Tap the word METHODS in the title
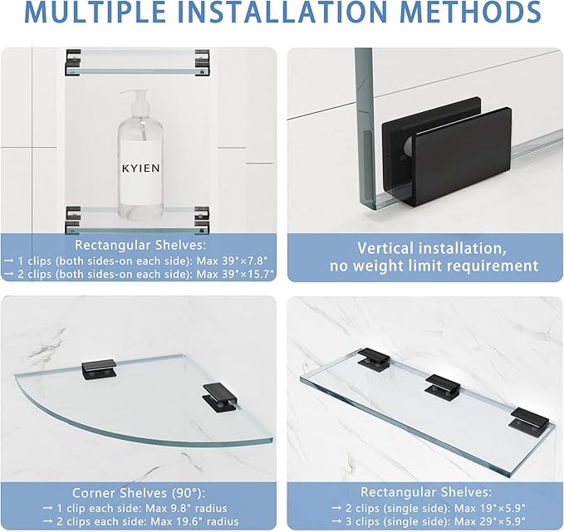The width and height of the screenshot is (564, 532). [x=470, y=12]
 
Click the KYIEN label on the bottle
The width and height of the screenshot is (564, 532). [x=140, y=168]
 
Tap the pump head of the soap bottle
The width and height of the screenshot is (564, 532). [x=135, y=98]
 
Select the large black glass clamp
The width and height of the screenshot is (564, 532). [x=447, y=151]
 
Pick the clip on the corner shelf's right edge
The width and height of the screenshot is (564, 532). [x=219, y=397]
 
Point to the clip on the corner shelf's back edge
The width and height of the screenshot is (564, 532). [x=100, y=369]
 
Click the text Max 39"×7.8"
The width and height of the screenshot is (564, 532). [x=232, y=261]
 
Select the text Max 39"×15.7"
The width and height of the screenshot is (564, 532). [x=235, y=274]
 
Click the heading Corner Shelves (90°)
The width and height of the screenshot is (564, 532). [x=139, y=493]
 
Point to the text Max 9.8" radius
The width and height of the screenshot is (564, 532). [x=186, y=508]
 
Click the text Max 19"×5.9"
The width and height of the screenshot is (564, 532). [x=489, y=508]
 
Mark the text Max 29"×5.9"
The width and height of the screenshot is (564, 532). [x=490, y=521]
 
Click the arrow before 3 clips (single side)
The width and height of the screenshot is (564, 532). [x=336, y=521]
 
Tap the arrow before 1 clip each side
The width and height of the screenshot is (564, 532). [x=48, y=509]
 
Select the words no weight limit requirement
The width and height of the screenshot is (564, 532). [x=434, y=266]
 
